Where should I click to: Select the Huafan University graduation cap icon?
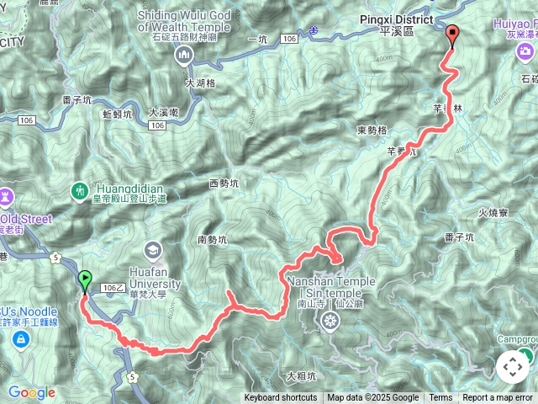point(152,249)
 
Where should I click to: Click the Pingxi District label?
point(394,19)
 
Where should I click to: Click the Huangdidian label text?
point(129,189)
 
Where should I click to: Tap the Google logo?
point(31,392)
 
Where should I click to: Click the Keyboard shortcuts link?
point(281,398)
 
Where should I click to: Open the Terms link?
point(440,398)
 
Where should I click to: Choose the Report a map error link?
point(498,398)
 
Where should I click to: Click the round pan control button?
point(513,367)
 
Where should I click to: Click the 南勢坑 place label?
point(214,240)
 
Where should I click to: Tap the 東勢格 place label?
point(372,130)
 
